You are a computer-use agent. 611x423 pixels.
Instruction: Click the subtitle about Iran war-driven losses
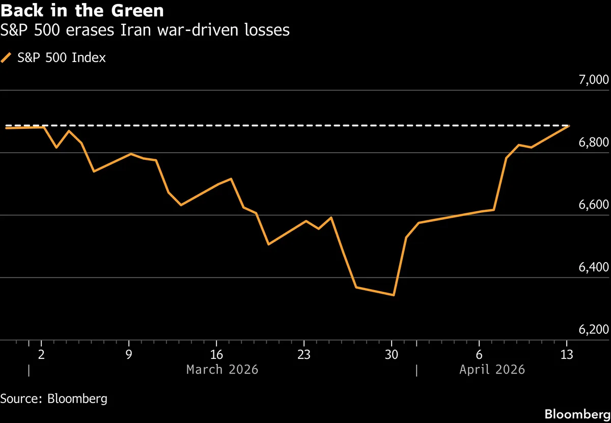(x=145, y=31)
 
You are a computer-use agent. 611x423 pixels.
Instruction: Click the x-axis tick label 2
(x=41, y=354)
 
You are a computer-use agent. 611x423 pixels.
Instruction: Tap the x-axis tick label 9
(x=129, y=354)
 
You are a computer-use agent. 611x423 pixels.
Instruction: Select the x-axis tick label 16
(x=216, y=354)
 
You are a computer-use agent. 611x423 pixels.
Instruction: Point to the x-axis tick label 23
(x=304, y=354)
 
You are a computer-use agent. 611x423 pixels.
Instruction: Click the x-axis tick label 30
(x=392, y=354)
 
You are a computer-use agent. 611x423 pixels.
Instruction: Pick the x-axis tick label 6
(x=479, y=354)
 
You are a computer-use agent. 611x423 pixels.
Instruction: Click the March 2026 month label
(x=222, y=370)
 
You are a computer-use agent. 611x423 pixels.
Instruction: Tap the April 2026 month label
(x=492, y=370)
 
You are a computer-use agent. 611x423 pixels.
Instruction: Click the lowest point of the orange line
(x=394, y=295)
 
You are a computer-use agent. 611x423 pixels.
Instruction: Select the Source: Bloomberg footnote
(x=54, y=399)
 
